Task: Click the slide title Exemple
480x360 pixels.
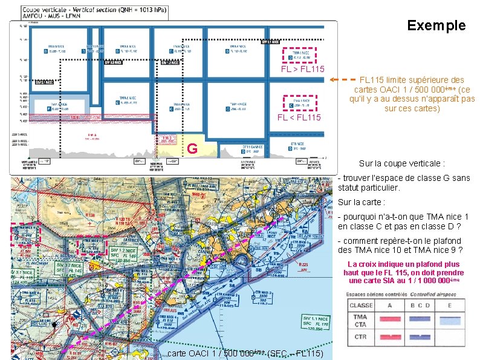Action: tap(436, 25)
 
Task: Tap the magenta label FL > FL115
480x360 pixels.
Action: tap(303, 70)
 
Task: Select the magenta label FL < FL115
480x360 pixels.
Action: tap(299, 117)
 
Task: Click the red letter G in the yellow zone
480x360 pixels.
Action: tap(192, 148)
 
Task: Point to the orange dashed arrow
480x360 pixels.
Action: tap(344, 79)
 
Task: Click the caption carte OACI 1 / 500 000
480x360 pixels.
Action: tap(245, 353)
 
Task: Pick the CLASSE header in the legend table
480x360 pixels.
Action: tap(361, 305)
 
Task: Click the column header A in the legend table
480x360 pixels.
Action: tap(392, 305)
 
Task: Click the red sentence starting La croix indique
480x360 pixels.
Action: tap(401, 272)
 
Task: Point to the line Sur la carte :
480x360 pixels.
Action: tap(362, 202)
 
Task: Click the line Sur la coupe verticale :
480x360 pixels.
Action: tap(401, 163)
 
